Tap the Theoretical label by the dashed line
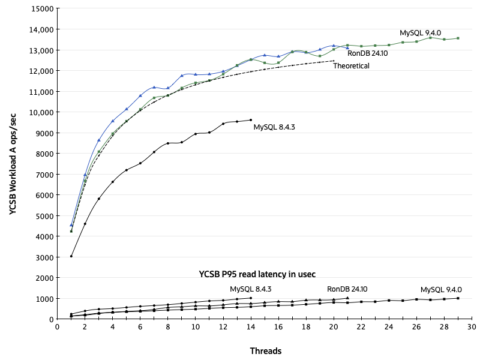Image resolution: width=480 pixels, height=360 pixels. click(x=351, y=66)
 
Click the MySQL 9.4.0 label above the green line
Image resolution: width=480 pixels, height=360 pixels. click(x=421, y=32)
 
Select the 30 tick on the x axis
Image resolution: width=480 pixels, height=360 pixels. click(x=471, y=327)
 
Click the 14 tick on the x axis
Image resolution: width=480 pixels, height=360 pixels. click(x=250, y=327)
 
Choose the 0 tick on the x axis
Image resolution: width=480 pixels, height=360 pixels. click(x=57, y=327)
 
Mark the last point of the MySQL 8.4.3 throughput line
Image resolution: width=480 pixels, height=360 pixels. click(x=250, y=120)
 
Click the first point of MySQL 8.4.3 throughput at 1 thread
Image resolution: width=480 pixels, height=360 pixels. click(x=71, y=256)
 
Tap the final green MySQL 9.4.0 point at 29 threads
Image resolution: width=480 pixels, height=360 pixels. click(x=458, y=38)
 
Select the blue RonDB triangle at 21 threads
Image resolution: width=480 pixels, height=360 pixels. click(x=347, y=47)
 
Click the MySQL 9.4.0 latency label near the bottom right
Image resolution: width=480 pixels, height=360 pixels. click(x=441, y=289)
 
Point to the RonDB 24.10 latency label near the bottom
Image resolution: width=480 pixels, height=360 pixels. click(x=347, y=289)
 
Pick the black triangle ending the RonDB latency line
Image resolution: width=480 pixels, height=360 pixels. click(x=347, y=298)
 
